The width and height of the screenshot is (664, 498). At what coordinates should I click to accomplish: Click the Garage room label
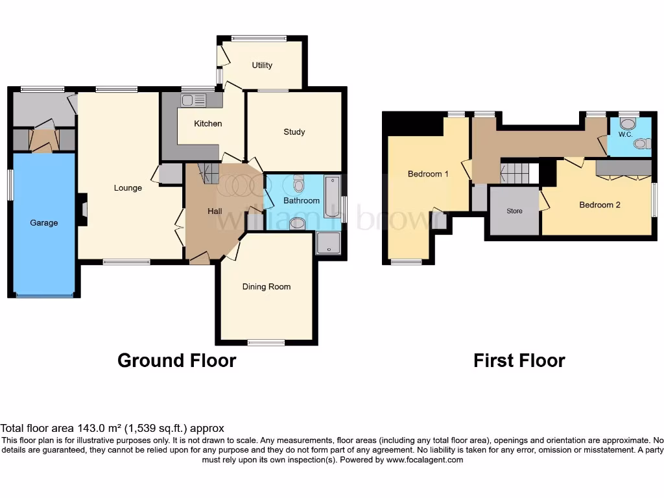point(43,222)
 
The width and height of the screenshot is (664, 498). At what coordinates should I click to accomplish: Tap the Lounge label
point(128,188)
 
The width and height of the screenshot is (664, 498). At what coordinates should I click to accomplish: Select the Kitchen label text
point(208,123)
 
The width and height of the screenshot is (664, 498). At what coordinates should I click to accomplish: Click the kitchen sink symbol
point(193,101)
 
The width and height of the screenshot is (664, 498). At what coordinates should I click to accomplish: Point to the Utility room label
point(262,65)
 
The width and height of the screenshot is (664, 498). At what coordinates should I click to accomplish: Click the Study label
point(294,132)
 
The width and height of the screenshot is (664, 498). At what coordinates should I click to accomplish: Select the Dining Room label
point(267,287)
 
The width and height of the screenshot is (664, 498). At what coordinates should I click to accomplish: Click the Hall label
point(215,211)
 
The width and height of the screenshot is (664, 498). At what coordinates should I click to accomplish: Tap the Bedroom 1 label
point(428,174)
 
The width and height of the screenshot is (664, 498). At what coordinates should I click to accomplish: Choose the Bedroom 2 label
point(600,205)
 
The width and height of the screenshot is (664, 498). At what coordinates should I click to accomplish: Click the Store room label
point(514,211)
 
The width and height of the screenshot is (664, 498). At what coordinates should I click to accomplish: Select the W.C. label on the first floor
point(625,135)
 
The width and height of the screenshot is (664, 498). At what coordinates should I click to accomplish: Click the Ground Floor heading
point(176,361)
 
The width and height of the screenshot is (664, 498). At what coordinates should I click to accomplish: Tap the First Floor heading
point(519,361)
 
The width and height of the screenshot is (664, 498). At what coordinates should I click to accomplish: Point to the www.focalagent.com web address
point(425,460)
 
